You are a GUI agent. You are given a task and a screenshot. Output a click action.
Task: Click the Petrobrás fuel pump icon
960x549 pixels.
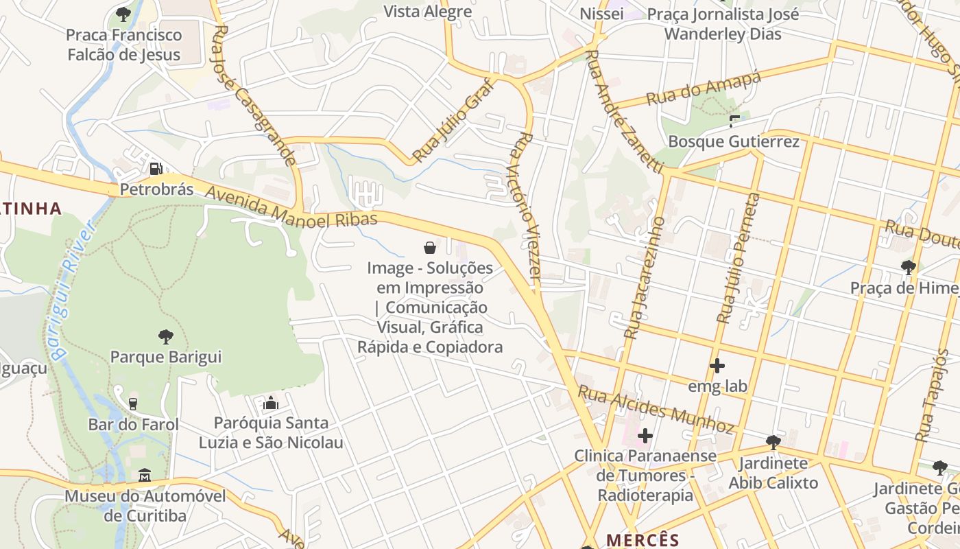pos(156,168)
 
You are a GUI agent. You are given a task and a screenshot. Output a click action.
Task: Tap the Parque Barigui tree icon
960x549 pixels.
pos(165,336)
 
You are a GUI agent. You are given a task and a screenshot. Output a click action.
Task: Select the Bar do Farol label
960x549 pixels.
pos(133,424)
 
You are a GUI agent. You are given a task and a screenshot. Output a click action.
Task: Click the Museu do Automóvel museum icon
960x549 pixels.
pos(145,475)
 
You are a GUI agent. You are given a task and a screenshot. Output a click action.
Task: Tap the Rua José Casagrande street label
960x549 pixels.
pos(254,96)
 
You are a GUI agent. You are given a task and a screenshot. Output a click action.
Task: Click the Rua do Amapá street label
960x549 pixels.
pos(704,88)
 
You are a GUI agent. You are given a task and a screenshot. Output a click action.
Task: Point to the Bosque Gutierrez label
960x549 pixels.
pos(734,141)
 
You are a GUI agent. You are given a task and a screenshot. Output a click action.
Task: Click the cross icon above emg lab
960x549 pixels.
pos(717,366)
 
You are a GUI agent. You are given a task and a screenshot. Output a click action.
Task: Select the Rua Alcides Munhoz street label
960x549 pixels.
pos(656,409)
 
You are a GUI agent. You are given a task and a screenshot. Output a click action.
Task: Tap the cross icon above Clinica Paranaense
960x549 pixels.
pos(645,435)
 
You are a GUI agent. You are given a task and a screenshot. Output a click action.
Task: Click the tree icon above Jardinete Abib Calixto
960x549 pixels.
pos(773,442)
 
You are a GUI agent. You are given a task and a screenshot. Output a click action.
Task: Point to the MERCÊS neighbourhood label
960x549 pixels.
pos(643,540)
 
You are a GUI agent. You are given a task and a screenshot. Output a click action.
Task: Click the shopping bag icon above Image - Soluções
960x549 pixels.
pos(430,247)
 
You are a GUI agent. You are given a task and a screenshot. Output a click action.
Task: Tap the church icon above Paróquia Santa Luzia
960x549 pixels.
pos(271,403)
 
